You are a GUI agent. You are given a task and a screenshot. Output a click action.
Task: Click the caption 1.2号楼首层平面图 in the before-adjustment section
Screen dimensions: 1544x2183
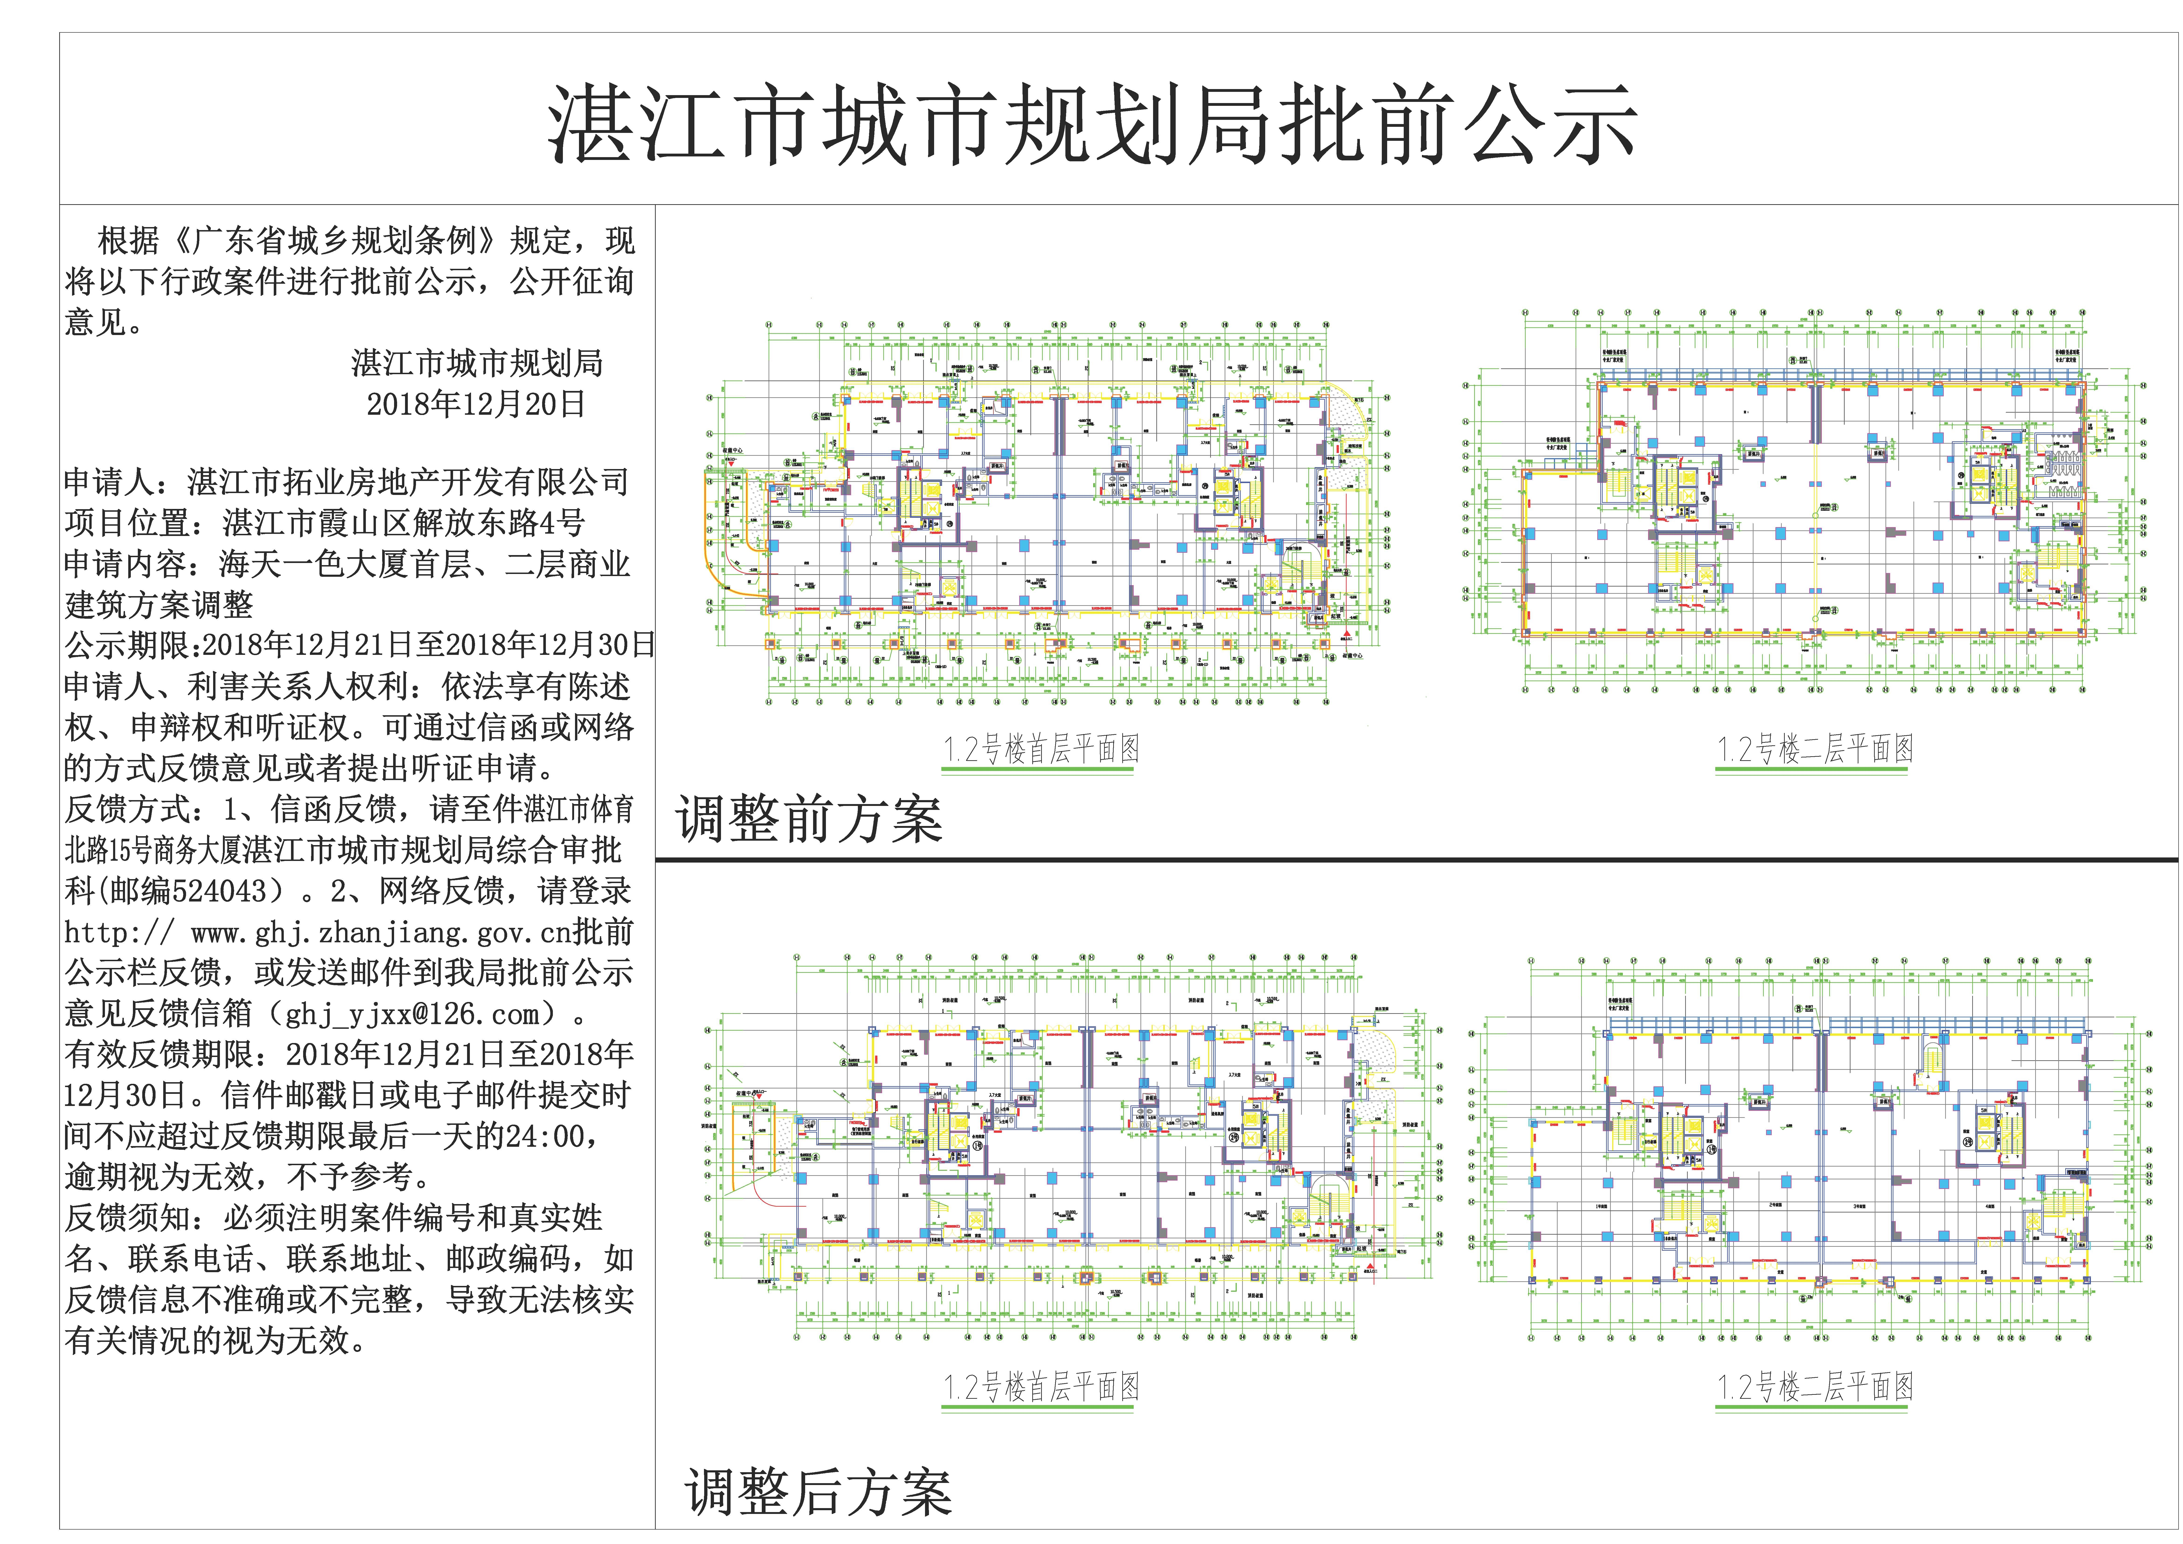[1041, 749]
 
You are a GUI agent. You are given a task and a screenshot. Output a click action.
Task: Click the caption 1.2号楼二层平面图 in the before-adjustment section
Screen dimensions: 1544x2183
[1814, 749]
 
